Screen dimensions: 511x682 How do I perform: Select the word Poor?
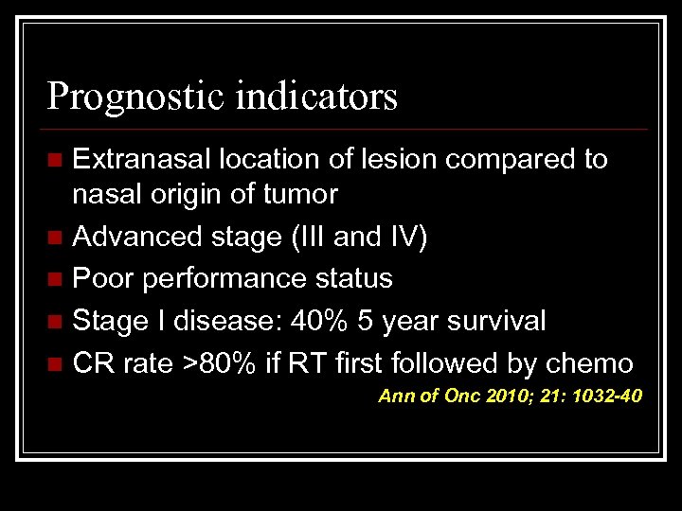(x=100, y=278)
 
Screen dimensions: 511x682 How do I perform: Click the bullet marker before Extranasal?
(x=59, y=161)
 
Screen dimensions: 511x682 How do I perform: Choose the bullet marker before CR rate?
(x=59, y=363)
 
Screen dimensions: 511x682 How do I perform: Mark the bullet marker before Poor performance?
(x=59, y=279)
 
